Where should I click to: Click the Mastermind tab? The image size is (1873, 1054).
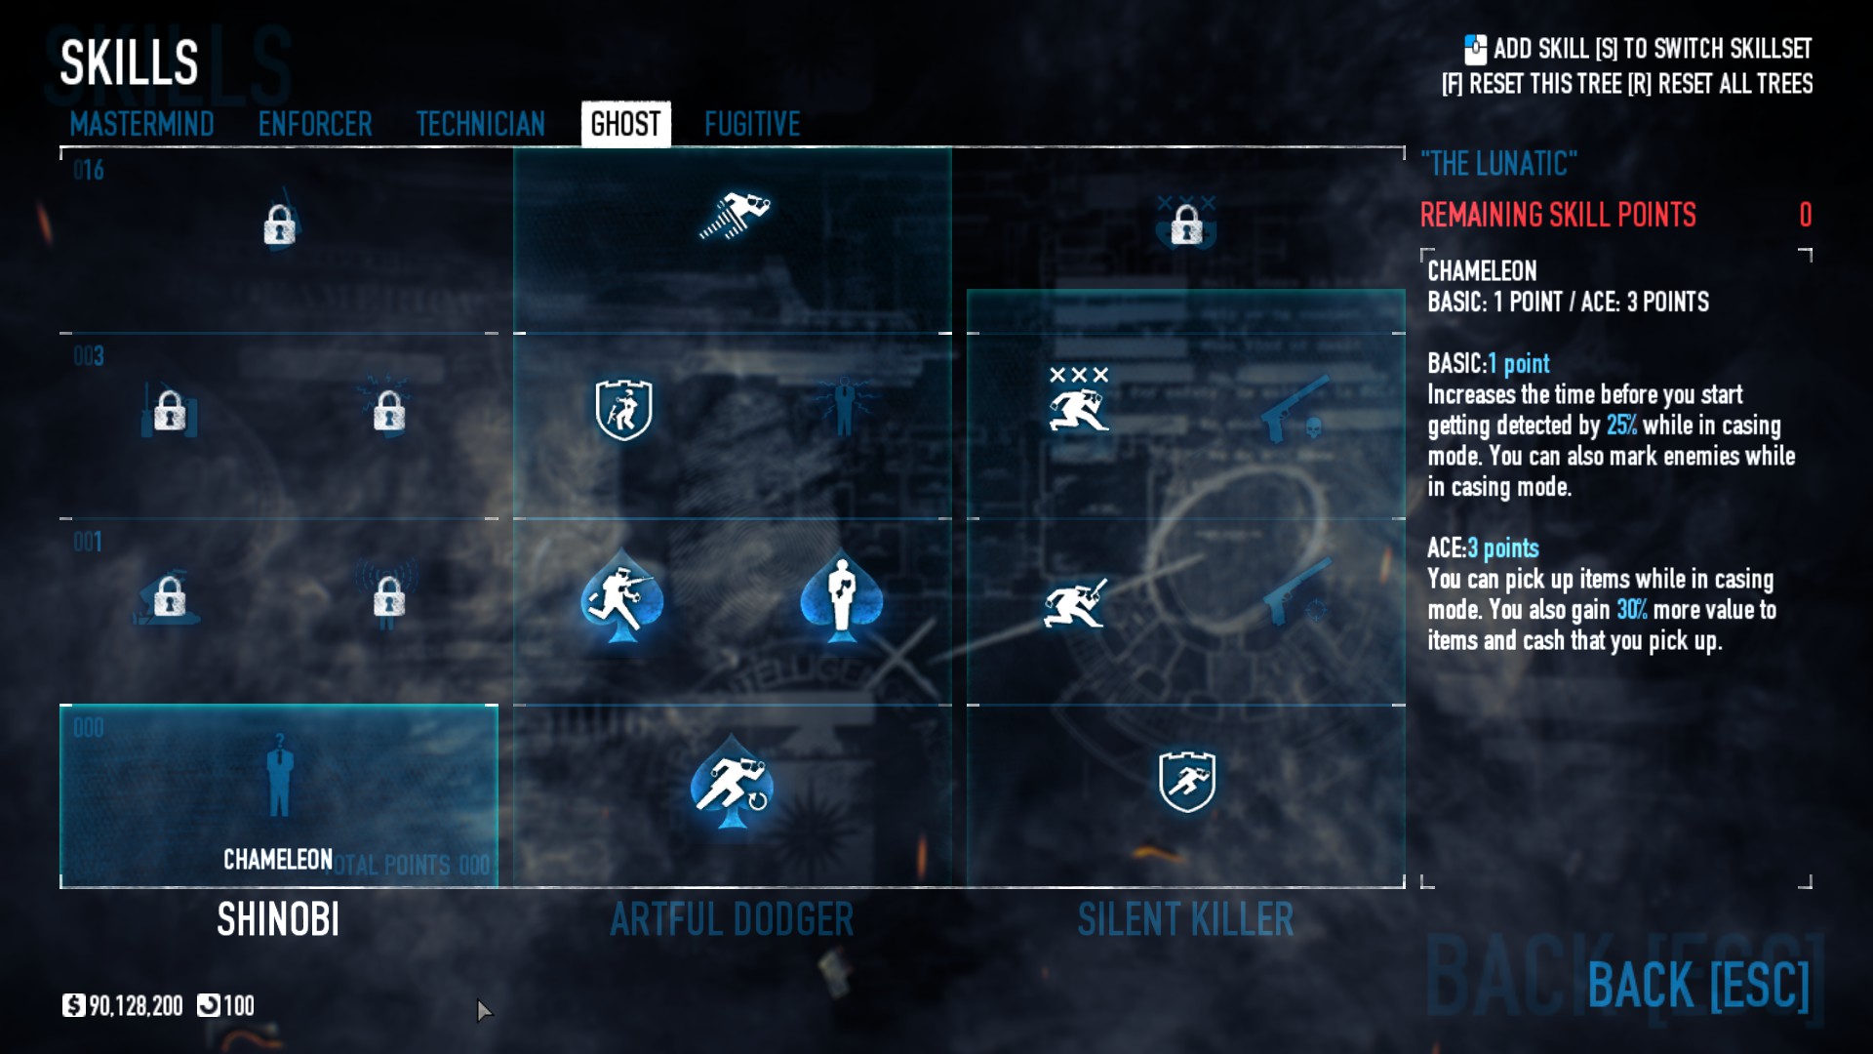point(141,124)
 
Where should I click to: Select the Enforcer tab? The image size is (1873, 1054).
point(315,124)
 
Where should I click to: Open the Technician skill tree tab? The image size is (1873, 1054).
point(480,124)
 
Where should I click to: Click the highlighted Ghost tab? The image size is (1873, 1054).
point(625,124)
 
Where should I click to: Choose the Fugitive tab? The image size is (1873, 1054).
point(752,124)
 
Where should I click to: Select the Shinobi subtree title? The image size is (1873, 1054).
point(278,919)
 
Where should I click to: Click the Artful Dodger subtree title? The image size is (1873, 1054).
point(732,919)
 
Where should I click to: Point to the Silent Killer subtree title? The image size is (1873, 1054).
point(1185,919)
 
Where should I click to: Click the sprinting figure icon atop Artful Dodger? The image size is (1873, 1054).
point(734,216)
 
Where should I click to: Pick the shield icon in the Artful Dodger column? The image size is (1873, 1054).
point(623,410)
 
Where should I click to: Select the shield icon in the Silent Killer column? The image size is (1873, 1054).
point(1186,781)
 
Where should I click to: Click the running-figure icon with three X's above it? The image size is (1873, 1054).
point(1078,402)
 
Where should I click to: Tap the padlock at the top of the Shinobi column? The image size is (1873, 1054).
point(279,225)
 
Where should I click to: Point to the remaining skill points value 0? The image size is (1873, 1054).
point(1805,215)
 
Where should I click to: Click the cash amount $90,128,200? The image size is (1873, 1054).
point(136,1005)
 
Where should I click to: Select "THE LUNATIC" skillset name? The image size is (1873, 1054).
point(1498,163)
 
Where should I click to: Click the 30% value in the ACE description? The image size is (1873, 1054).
point(1631,610)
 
